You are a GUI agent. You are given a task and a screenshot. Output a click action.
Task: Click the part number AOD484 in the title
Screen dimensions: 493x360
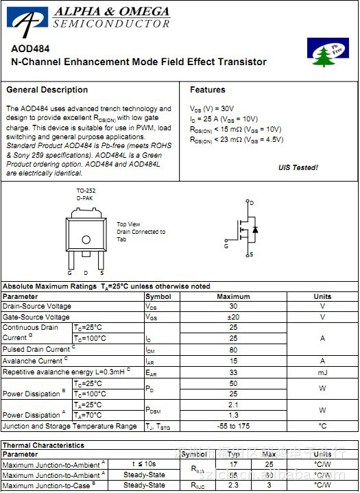(25, 49)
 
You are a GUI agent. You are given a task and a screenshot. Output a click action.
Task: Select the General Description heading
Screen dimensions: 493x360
(47, 90)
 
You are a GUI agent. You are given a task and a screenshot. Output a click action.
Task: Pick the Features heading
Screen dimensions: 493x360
(208, 90)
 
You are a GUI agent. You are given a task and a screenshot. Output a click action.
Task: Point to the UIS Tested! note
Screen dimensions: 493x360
(298, 167)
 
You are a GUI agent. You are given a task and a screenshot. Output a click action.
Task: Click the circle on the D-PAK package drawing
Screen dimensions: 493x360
(86, 239)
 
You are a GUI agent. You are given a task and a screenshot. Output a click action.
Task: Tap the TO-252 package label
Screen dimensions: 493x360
(86, 191)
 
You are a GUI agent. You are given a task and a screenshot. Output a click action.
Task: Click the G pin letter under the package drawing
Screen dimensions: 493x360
(69, 273)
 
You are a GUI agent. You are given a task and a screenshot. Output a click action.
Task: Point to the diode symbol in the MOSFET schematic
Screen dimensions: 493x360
(255, 229)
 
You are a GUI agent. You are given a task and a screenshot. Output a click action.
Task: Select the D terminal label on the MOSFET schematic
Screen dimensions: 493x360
(252, 203)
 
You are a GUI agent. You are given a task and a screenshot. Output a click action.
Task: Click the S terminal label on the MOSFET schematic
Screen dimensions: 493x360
(252, 254)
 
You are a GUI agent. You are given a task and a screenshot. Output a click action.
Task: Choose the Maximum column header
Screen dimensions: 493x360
(233, 296)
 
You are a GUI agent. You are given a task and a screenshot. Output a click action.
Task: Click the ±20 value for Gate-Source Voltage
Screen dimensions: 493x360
(233, 317)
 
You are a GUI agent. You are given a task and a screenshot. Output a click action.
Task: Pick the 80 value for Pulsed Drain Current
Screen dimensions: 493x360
(233, 350)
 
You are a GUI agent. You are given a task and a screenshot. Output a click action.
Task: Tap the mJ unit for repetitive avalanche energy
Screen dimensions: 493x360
(322, 372)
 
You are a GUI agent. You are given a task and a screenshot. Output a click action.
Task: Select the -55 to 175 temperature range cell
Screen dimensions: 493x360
(233, 426)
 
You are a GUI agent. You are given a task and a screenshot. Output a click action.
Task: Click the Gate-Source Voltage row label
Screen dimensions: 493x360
(36, 317)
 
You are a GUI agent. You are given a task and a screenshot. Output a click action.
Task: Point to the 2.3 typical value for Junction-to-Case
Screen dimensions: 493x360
(233, 485)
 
